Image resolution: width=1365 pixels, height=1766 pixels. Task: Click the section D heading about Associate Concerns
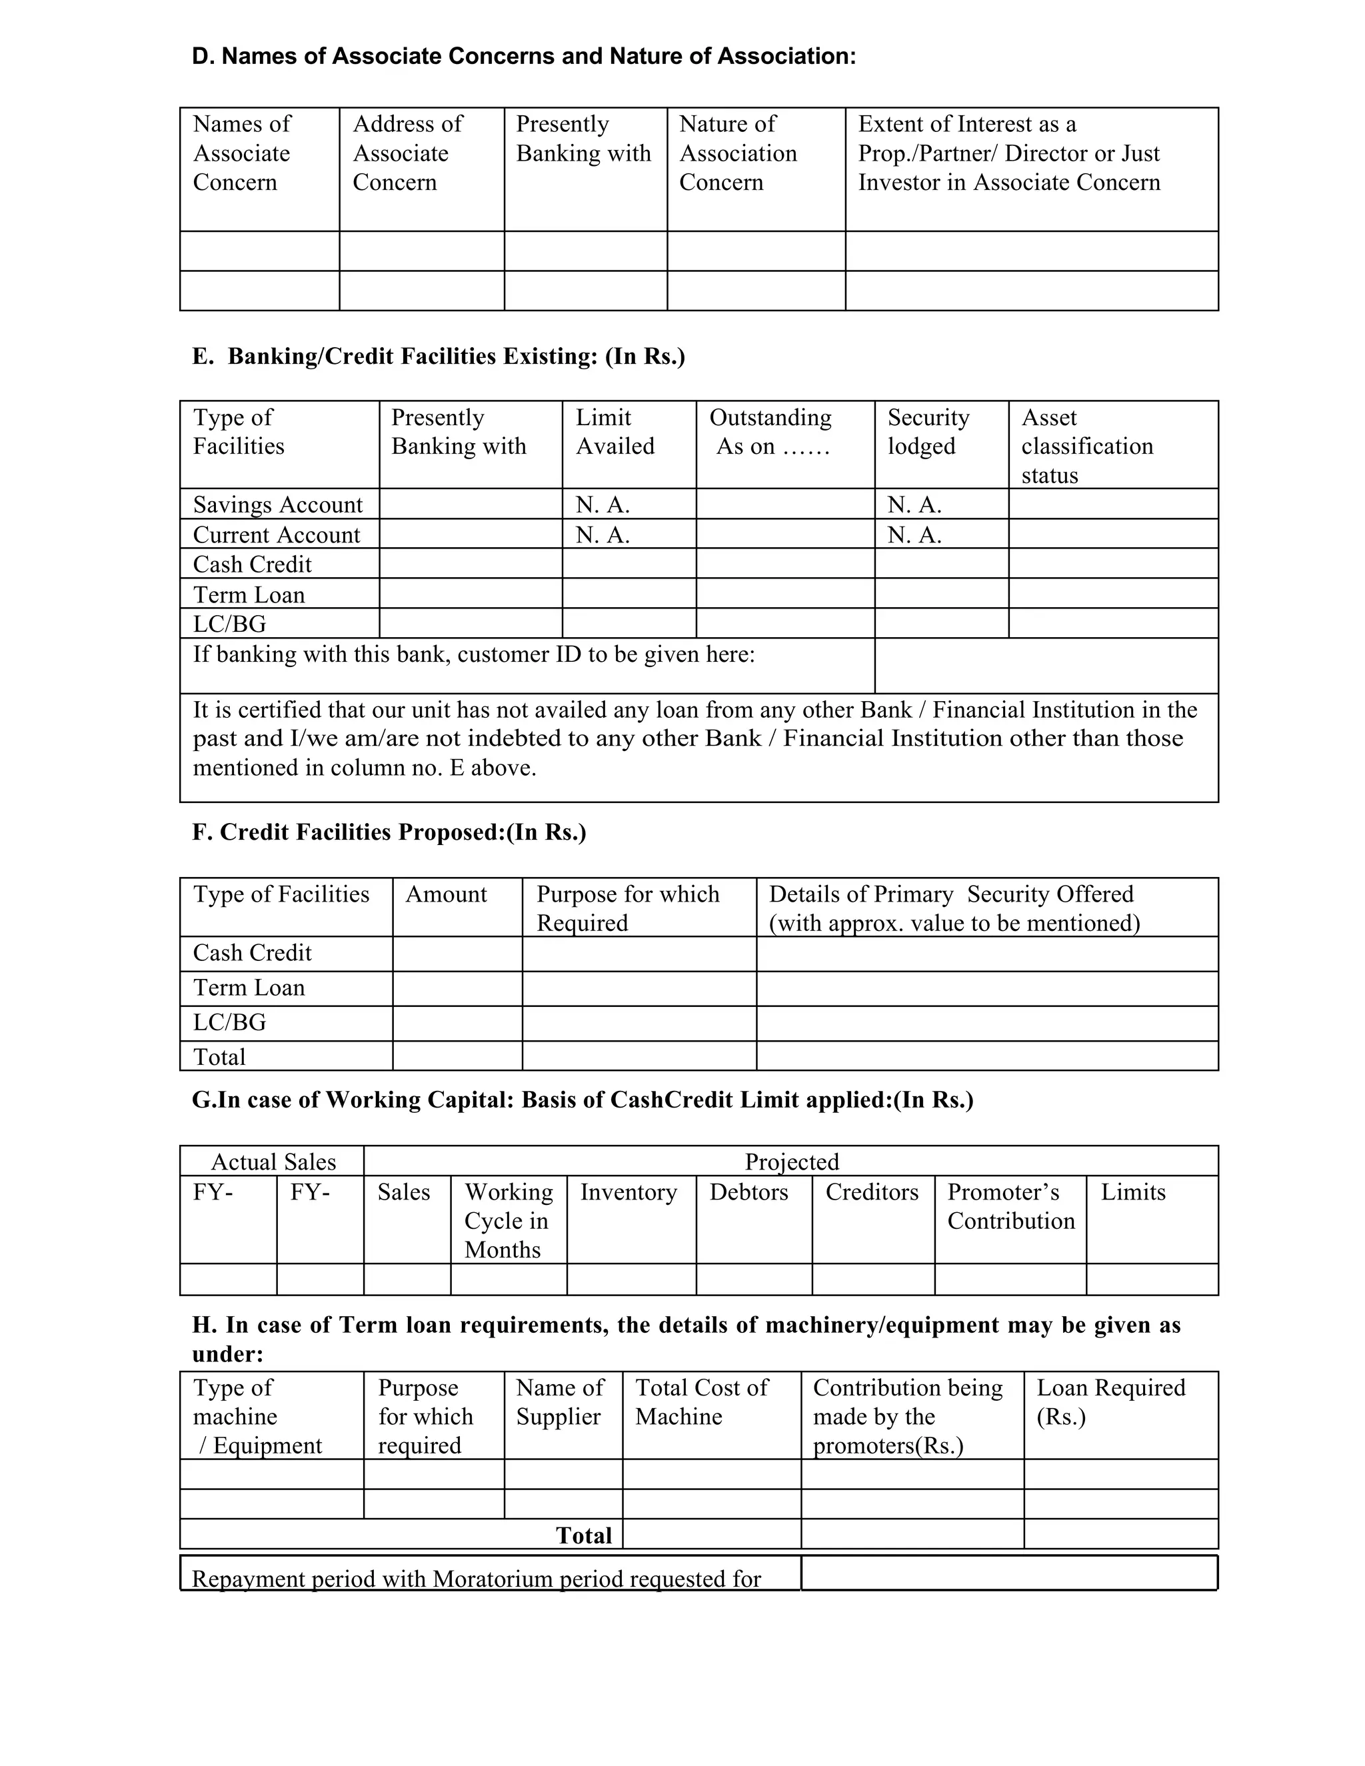523,57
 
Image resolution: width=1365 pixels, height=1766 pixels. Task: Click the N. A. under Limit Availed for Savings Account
603,504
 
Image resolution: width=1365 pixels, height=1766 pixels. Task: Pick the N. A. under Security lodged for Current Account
914,534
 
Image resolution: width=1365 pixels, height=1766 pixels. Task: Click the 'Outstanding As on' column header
770,432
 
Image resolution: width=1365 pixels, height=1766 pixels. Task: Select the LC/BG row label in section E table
230,624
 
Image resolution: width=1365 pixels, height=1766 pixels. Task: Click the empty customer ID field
1046,666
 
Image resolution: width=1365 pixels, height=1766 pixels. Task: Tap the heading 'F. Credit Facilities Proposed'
389,832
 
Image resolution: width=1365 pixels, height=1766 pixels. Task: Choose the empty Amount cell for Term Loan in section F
457,988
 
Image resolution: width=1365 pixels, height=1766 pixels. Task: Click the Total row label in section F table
219,1057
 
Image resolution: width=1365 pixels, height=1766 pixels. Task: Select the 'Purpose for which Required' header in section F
627,908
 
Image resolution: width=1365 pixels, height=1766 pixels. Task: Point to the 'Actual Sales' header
273,1162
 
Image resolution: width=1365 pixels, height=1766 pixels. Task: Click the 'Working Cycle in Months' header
508,1220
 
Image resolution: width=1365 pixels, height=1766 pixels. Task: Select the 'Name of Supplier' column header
560,1402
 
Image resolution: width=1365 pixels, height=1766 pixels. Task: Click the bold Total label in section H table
584,1535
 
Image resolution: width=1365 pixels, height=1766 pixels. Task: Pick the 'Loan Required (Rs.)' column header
1110,1402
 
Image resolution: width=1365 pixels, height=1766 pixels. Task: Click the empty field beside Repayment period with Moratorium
1008,1573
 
